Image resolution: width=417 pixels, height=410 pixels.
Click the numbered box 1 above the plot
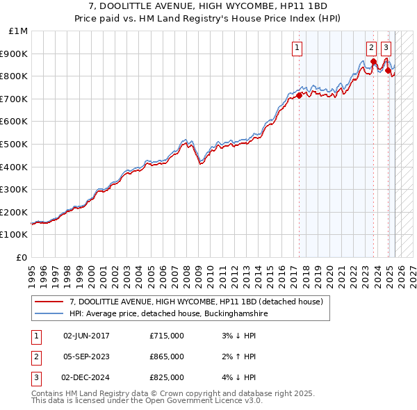[x=297, y=48]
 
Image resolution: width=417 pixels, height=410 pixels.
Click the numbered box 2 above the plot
[x=372, y=48]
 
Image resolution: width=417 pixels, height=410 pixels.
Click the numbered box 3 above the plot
[x=386, y=48]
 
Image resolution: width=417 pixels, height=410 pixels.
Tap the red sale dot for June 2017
[x=300, y=95]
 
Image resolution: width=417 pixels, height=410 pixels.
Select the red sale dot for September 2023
[x=373, y=61]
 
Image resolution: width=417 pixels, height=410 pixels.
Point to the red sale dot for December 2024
[x=388, y=70]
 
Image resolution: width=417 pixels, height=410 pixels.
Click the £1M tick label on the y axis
[x=19, y=31]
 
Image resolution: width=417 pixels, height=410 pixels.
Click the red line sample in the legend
[x=49, y=302]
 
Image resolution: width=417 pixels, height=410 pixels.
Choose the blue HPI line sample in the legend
[x=49, y=314]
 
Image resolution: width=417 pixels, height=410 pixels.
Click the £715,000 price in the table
[x=167, y=336]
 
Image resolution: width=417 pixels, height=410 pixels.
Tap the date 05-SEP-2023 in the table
[x=86, y=356]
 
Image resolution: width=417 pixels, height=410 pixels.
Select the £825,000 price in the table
[x=167, y=377]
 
